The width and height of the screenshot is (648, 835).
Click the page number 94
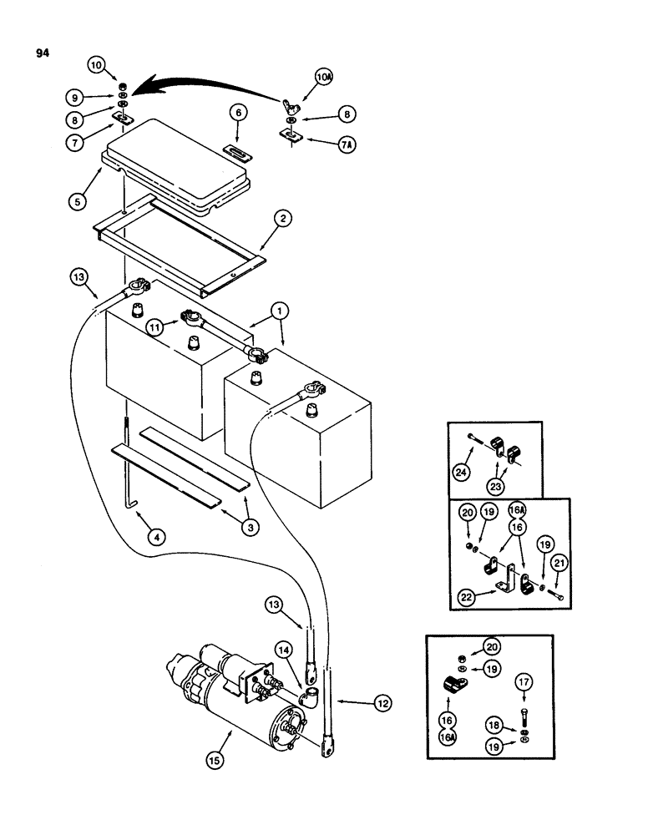point(43,53)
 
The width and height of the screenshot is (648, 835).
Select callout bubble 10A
point(323,78)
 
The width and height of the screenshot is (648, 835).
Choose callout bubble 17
point(525,683)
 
